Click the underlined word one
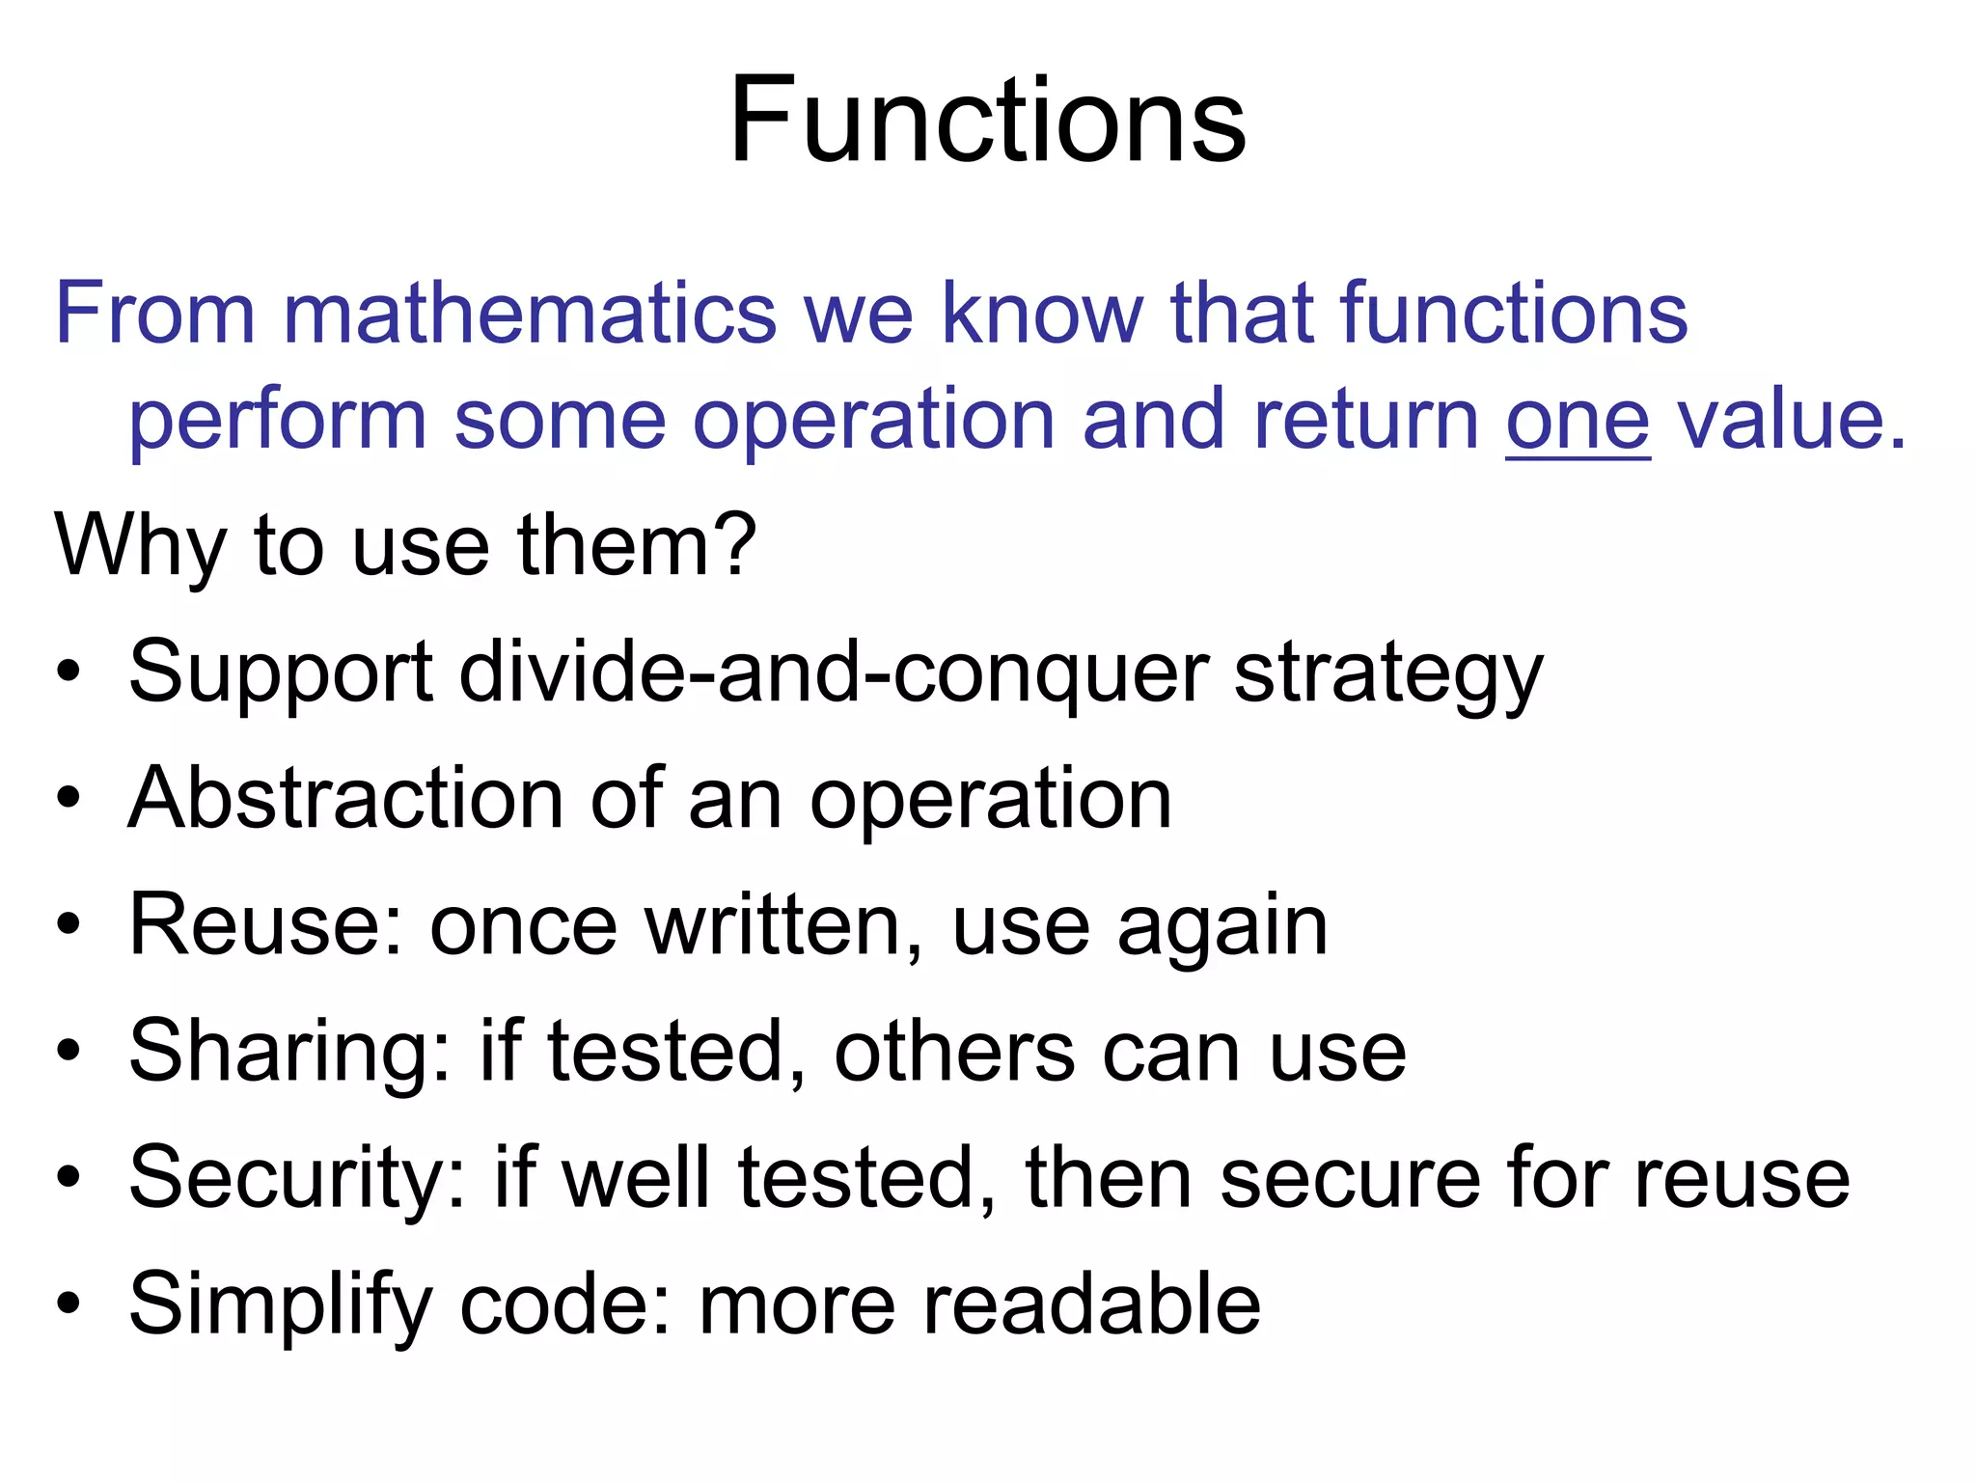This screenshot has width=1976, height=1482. coord(1578,421)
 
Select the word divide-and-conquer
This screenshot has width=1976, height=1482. coord(833,672)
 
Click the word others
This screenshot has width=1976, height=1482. coord(953,1052)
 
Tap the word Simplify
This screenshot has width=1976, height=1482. coord(280,1306)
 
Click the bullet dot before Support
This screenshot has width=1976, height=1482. coord(68,672)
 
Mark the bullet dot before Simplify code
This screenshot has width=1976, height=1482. coord(68,1304)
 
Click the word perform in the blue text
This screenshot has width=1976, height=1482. coord(278,423)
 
